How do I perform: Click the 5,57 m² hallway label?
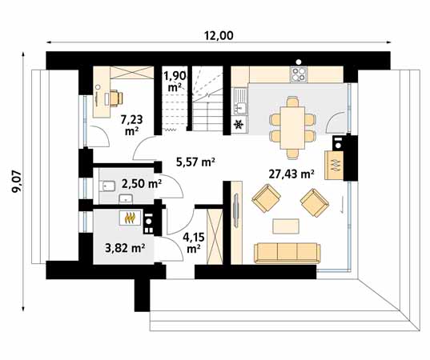(x=195, y=162)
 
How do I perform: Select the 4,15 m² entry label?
(x=193, y=242)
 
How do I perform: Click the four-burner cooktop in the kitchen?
(x=299, y=74)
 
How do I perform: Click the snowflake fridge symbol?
(x=239, y=125)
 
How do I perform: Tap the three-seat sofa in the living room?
(x=287, y=252)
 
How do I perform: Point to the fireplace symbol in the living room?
(x=336, y=162)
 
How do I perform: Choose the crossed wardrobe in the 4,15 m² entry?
(x=215, y=234)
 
